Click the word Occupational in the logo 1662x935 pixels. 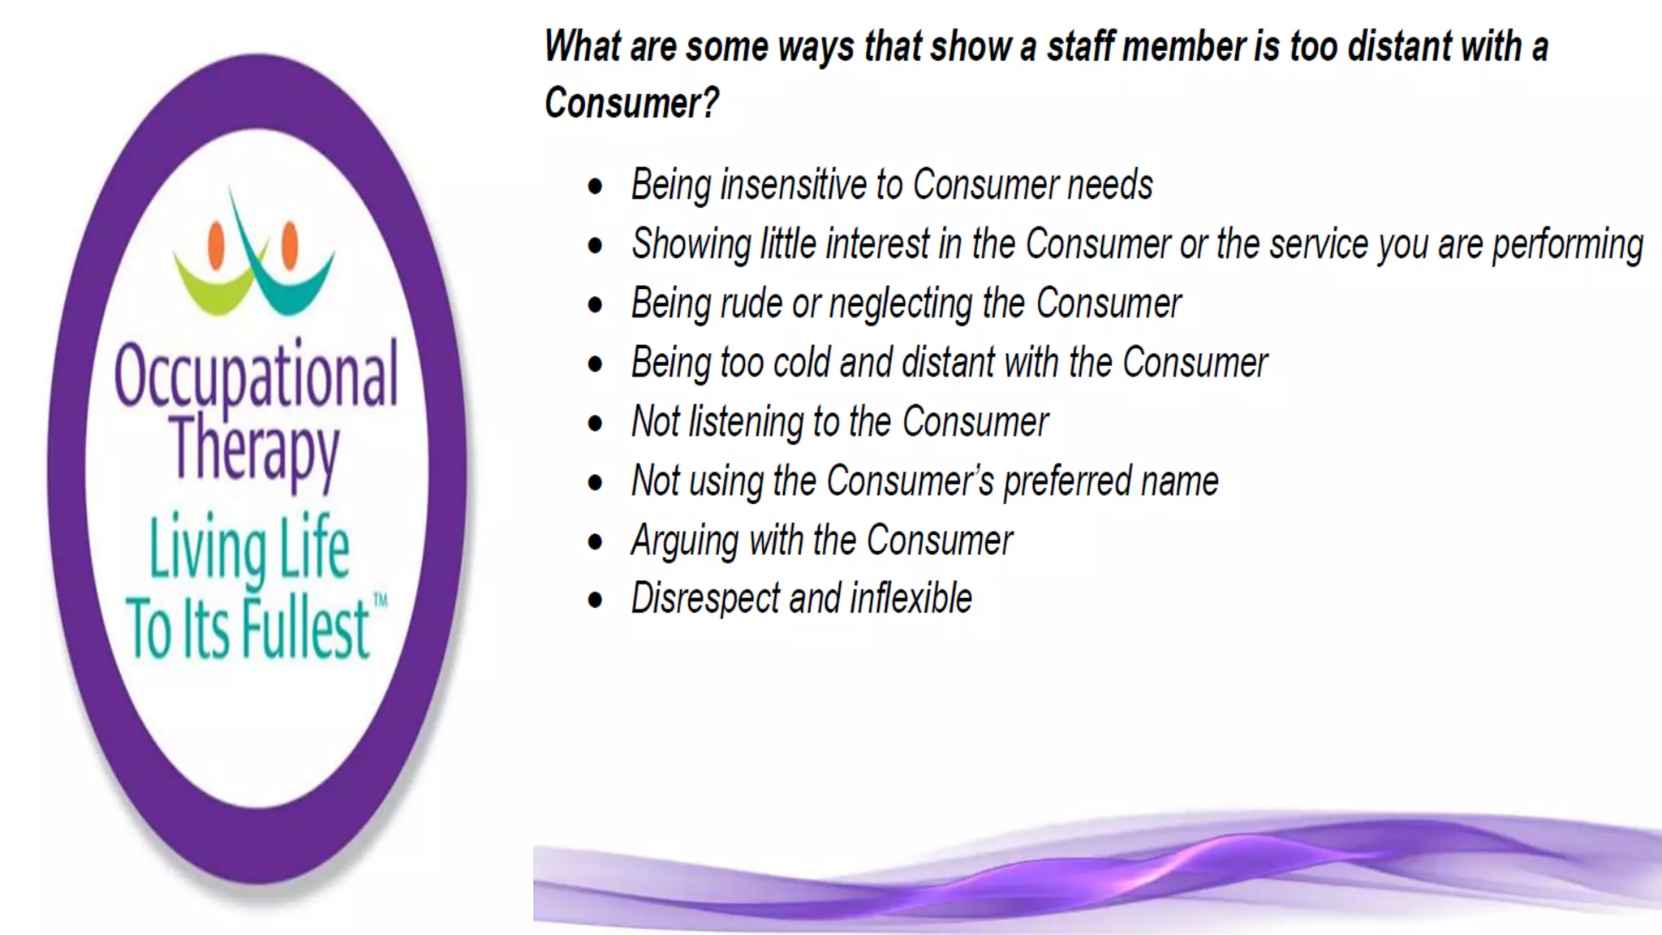pos(256,375)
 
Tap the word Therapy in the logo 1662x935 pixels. pos(255,449)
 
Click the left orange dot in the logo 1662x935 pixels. pos(216,245)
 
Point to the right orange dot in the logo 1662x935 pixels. pos(290,244)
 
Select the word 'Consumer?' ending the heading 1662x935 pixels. pos(632,103)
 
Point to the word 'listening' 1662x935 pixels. pos(746,422)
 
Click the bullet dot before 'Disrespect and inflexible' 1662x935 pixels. pos(596,601)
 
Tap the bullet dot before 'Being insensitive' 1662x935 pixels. pos(596,186)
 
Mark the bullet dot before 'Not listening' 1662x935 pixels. pos(596,423)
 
